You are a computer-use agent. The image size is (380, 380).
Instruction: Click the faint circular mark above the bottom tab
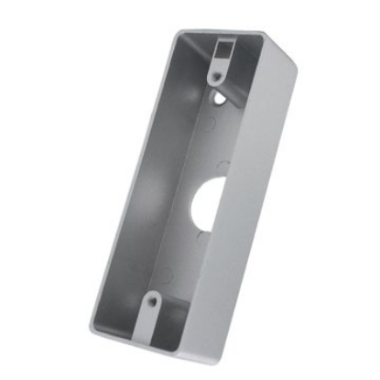pyautogui.click(x=168, y=272)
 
